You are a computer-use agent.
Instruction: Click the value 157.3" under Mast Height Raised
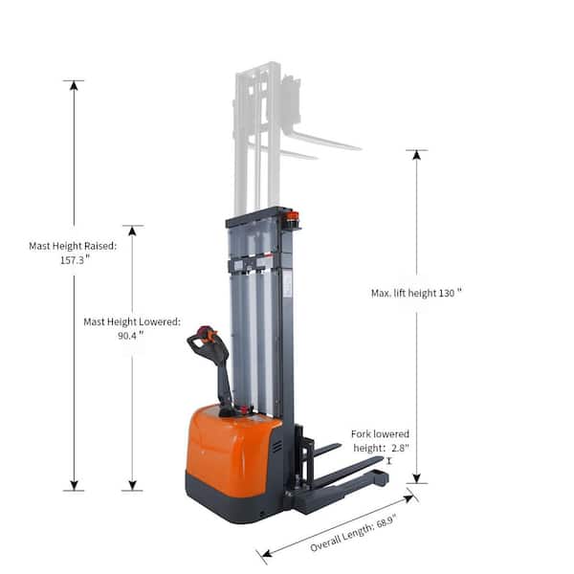(74, 259)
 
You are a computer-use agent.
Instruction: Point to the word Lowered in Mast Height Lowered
(159, 322)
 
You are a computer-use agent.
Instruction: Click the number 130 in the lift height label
(443, 293)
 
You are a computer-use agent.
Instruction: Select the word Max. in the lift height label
(382, 293)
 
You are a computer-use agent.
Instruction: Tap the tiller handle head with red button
(205, 336)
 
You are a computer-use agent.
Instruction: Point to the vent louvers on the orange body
(276, 447)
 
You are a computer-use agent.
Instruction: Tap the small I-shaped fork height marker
(389, 460)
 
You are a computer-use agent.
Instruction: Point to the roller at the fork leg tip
(380, 475)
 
